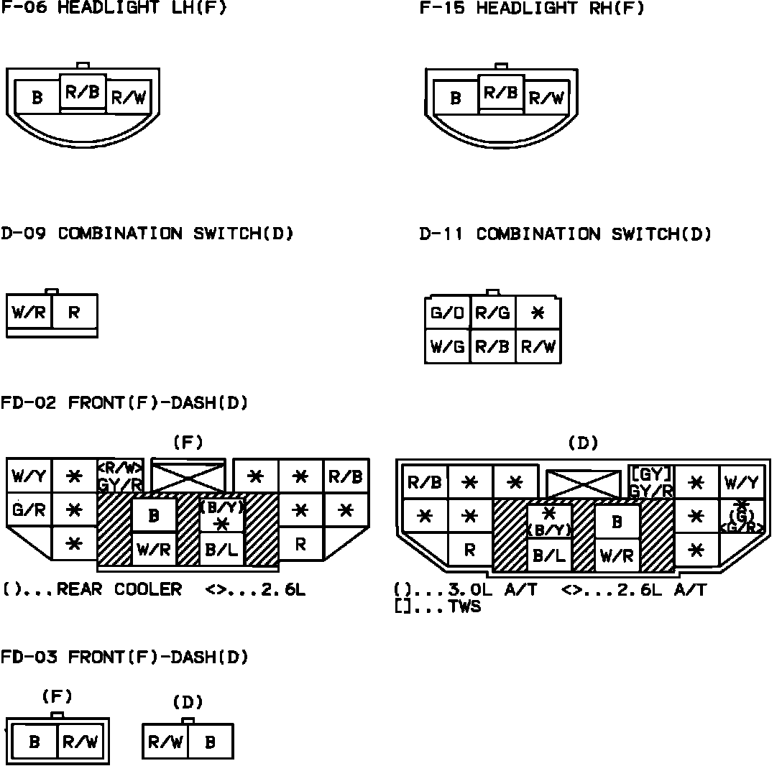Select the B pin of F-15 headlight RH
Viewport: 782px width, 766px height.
456,98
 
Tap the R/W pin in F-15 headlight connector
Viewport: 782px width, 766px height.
546,98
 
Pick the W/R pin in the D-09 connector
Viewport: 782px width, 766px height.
29,313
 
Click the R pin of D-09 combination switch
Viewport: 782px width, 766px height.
74,313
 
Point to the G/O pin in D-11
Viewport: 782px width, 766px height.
447,313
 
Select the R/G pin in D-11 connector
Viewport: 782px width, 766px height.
492,313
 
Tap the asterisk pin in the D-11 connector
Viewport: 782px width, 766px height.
538,313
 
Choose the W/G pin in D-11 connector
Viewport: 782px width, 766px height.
447,347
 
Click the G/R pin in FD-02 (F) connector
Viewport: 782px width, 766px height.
29,510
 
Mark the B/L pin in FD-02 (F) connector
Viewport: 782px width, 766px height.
221,550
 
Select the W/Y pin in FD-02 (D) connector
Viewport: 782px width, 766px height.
741,482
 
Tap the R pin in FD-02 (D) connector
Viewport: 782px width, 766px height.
470,550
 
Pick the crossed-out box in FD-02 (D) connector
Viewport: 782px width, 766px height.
583,484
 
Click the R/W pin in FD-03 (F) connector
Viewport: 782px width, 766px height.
80,742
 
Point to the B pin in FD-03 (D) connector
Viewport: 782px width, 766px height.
210,742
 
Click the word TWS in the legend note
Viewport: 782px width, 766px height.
464,607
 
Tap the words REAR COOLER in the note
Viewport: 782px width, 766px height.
119,590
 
